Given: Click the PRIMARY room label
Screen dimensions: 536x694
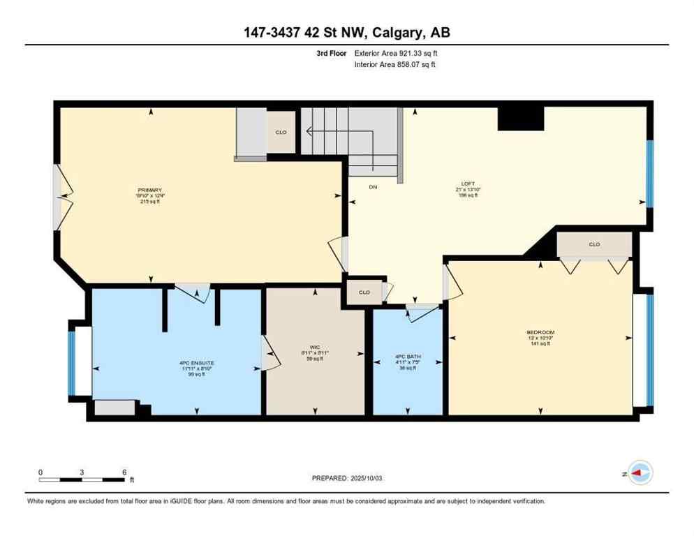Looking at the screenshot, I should click(x=150, y=191).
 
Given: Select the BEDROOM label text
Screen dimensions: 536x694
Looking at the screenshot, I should click(x=540, y=332).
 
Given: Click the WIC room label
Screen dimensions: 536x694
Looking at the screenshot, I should click(x=315, y=347).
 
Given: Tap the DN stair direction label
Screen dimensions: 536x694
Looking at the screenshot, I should click(x=373, y=186).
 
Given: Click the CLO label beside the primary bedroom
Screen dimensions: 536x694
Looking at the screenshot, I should click(x=281, y=132).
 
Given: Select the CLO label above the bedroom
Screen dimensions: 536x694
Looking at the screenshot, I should click(x=594, y=244).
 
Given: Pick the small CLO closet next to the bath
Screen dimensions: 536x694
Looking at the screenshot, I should click(x=364, y=292).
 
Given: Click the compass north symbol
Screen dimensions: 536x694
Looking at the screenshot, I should click(x=640, y=473).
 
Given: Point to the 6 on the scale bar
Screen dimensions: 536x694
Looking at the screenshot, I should click(x=124, y=472).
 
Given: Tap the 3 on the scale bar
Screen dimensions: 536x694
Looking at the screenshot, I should click(x=82, y=472).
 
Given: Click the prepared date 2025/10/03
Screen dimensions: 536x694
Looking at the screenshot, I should click(x=371, y=478).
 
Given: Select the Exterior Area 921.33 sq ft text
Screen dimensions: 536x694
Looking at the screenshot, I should click(x=397, y=53).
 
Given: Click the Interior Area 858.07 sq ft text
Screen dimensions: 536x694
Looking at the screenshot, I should click(x=395, y=65).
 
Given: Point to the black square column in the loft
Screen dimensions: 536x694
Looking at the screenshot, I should click(x=520, y=119).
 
